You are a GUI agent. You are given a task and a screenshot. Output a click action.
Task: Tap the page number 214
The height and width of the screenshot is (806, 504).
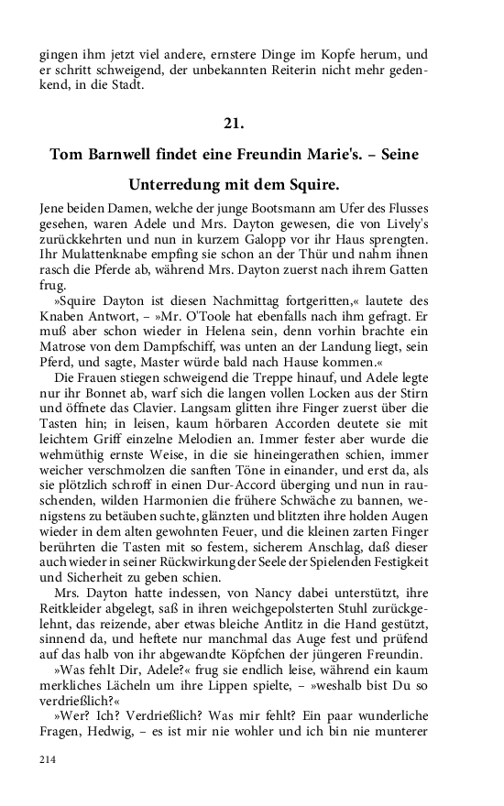tap(48, 784)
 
